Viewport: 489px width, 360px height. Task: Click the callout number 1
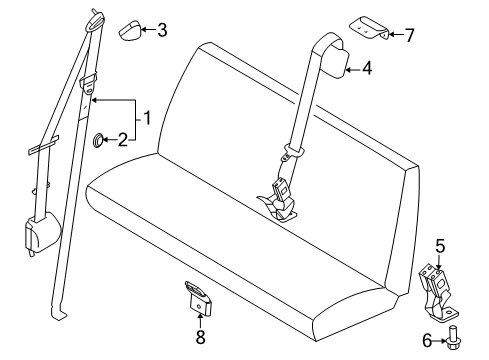pos(147,118)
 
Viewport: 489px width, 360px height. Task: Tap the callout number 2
pos(123,140)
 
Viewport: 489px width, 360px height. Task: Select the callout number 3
pos(162,30)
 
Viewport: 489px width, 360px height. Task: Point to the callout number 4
pos(367,68)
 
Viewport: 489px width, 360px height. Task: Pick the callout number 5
pos(440,247)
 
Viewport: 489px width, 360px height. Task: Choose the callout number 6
pos(427,341)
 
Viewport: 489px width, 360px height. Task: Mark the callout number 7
pos(409,35)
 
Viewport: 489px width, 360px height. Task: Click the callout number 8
pos(200,337)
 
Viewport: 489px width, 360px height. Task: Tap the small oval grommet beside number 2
pos(98,140)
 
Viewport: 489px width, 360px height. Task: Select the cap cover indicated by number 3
pos(130,31)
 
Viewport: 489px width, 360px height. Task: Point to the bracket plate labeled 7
pos(369,28)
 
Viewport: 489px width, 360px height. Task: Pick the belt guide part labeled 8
pos(198,298)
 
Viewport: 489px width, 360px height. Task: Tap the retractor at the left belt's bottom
pos(42,232)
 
